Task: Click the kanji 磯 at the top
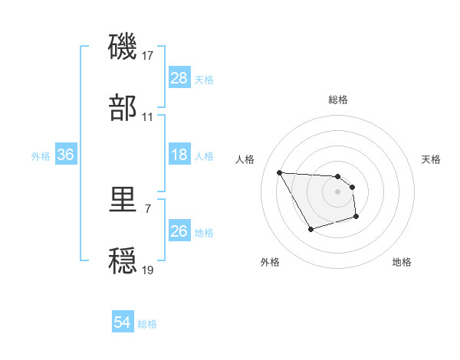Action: pos(124,48)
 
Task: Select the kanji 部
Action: pos(124,109)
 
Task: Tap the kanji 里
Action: pos(124,201)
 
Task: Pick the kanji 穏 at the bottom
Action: pos(124,261)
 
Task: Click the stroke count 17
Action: pos(148,57)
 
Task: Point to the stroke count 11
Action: pos(148,117)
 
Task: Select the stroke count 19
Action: pos(148,270)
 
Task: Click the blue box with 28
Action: pos(179,78)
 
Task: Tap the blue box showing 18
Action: pos(179,155)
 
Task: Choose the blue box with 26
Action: pos(179,231)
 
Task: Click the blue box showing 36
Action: pos(66,155)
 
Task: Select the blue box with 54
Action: pos(122,323)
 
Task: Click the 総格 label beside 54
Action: pos(147,324)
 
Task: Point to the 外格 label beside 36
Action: pos(41,155)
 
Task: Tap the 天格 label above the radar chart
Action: pos(431,159)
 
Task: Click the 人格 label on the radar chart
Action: pos(245,159)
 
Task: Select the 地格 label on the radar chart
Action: pos(402,262)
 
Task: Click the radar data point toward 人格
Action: pos(279,172)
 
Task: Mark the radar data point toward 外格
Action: pos(310,230)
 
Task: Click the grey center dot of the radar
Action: pos(337,192)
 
